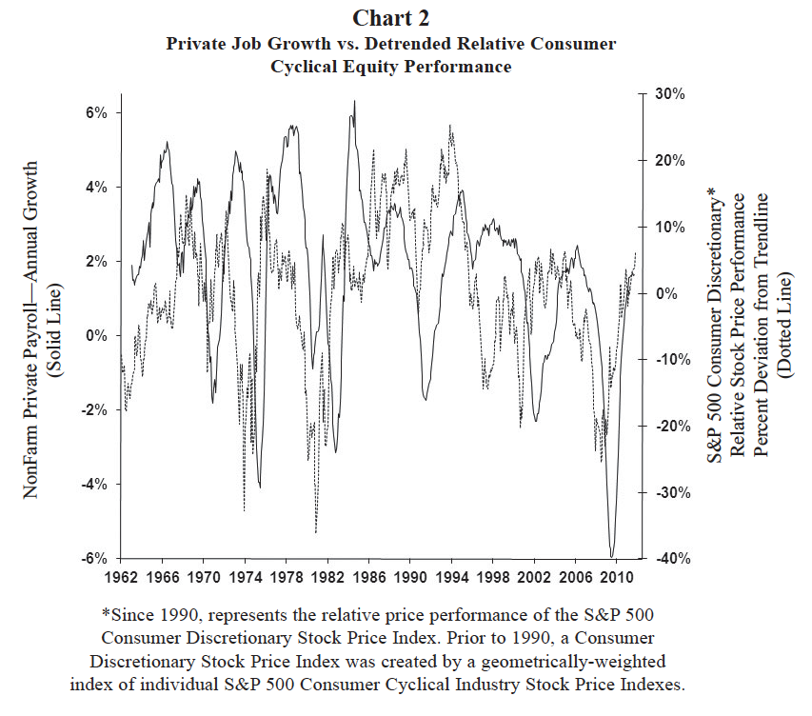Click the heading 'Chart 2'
390,17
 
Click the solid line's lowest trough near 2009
612,556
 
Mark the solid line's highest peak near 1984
354,101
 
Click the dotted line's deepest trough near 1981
316,532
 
